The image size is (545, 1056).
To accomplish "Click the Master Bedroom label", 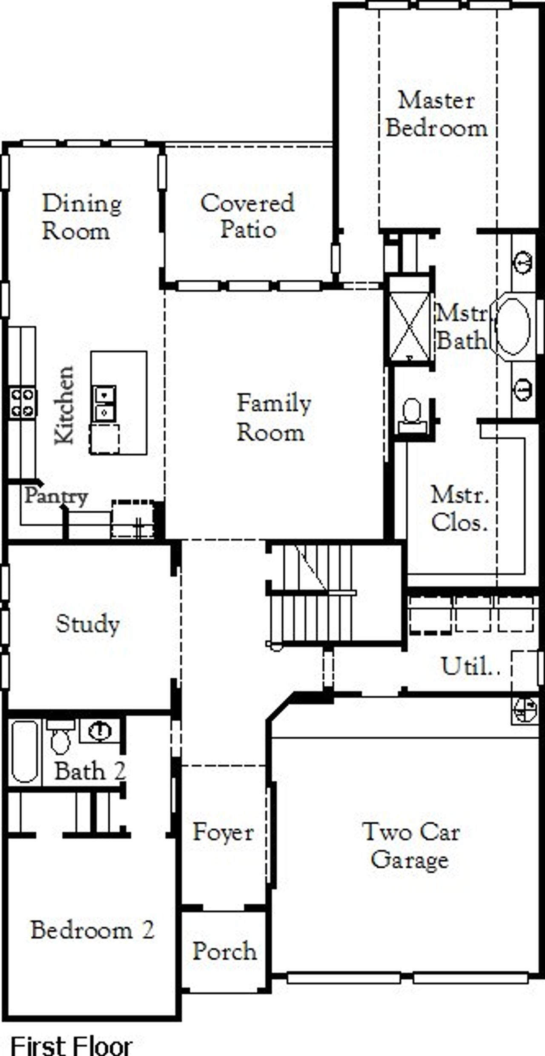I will [x=436, y=114].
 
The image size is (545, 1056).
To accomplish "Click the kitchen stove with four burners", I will [x=22, y=402].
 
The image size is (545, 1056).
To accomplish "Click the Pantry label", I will [x=56, y=496].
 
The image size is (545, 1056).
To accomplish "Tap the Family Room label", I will [x=273, y=417].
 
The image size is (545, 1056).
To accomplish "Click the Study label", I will [x=88, y=624].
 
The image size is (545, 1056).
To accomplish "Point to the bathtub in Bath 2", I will [x=25, y=751].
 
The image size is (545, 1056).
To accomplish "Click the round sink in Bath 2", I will [x=100, y=731].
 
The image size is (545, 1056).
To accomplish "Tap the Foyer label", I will [x=223, y=832].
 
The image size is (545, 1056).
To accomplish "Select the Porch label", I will [x=224, y=951].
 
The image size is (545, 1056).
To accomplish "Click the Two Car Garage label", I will [x=410, y=845].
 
